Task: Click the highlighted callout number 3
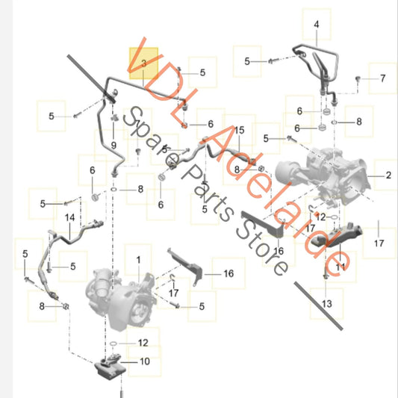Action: pos(143,63)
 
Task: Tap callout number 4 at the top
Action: pos(317,25)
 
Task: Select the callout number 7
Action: pos(383,78)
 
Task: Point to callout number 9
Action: pos(114,146)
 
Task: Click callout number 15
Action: pos(239,130)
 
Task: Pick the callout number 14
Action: pos(69,217)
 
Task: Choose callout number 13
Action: pos(326,304)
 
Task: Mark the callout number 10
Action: pos(145,361)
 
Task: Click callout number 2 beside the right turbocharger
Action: pos(388,175)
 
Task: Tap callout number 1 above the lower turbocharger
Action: pos(138,260)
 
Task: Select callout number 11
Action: pos(341,267)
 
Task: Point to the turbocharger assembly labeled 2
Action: pos(323,176)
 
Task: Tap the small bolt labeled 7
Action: pos(358,78)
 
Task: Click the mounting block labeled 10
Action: pos(110,368)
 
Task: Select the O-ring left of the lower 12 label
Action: pos(114,343)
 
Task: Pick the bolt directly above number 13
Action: pos(326,276)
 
